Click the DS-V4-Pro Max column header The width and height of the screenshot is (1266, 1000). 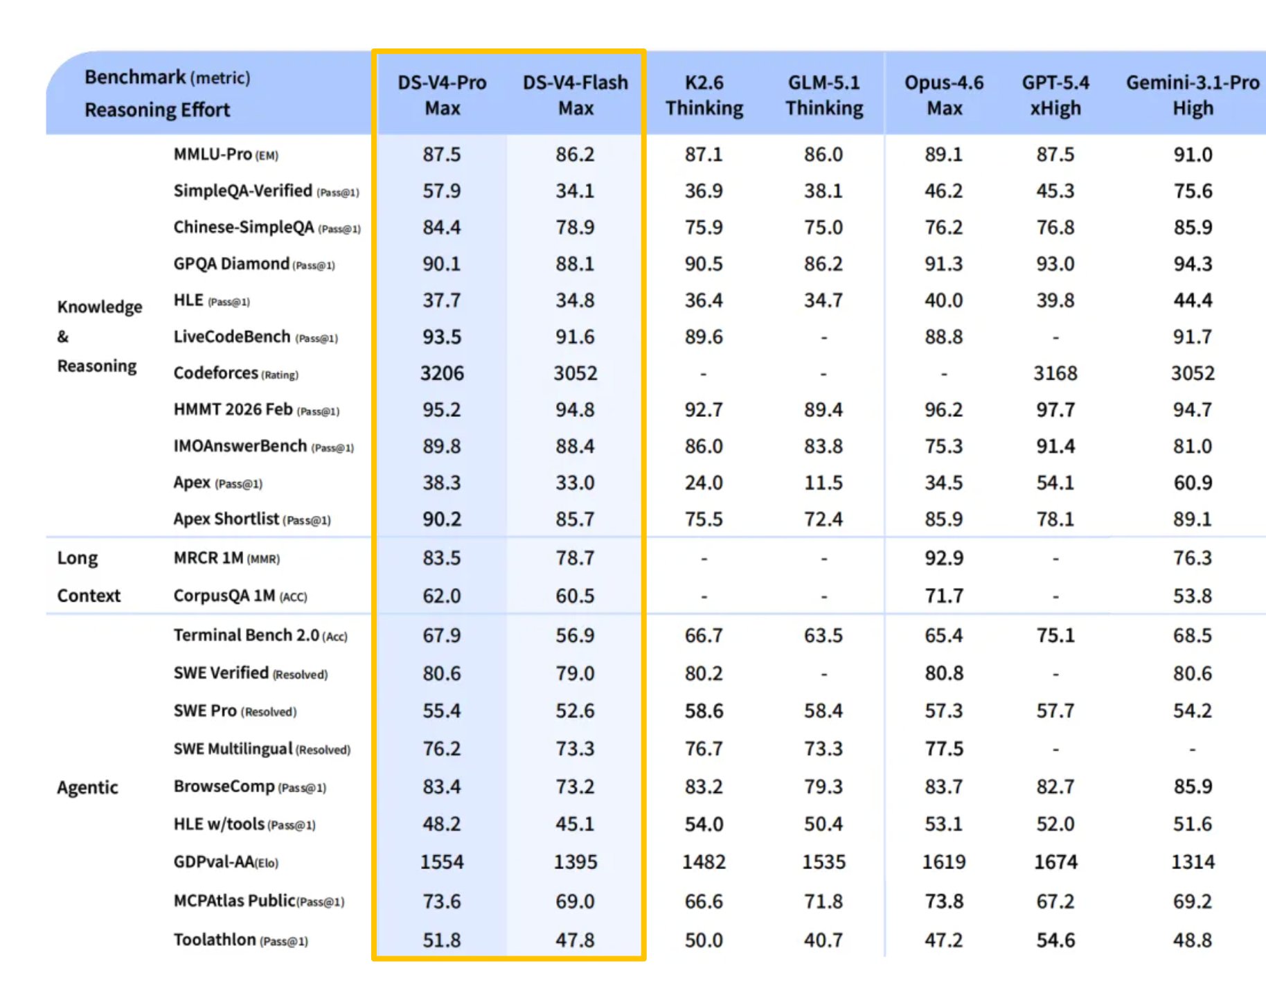(x=442, y=95)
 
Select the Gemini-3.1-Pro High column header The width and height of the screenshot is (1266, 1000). (x=1192, y=95)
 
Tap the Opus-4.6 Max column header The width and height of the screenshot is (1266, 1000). (x=944, y=95)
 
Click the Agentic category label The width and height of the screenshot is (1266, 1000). (x=87, y=787)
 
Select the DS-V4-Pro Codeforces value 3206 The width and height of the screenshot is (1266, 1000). (x=442, y=373)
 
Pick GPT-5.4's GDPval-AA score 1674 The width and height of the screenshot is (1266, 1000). (x=1055, y=862)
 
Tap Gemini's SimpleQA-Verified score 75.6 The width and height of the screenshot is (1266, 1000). (x=1192, y=191)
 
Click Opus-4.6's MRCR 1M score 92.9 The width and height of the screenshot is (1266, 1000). (x=944, y=558)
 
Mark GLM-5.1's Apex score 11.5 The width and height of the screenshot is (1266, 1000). (x=823, y=483)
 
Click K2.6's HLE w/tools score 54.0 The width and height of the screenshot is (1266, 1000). (x=704, y=824)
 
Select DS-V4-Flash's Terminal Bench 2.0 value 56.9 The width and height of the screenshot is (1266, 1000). (x=575, y=636)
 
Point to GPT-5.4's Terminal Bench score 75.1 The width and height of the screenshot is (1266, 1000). (x=1055, y=636)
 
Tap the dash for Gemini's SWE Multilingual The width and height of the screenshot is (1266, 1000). (x=1192, y=749)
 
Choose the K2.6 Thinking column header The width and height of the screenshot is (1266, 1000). (x=704, y=95)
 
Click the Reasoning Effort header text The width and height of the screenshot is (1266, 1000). (x=157, y=110)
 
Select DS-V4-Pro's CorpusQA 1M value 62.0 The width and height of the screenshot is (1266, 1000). (x=442, y=596)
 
